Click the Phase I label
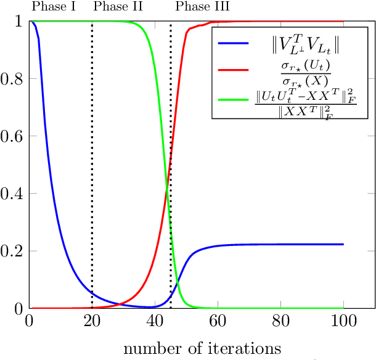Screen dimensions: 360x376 point(53,7)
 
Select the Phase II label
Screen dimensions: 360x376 point(118,7)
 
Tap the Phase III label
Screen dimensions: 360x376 point(203,7)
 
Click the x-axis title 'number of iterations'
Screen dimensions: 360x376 point(202,348)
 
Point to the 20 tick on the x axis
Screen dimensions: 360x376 point(92,321)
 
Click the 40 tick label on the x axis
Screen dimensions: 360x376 point(155,321)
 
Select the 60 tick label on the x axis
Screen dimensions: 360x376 point(218,321)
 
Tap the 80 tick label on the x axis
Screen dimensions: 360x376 point(280,321)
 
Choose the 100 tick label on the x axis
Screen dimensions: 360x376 point(343,321)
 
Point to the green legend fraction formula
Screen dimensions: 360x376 point(306,103)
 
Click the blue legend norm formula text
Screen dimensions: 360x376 point(306,44)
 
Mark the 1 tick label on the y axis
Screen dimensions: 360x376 point(19,22)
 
